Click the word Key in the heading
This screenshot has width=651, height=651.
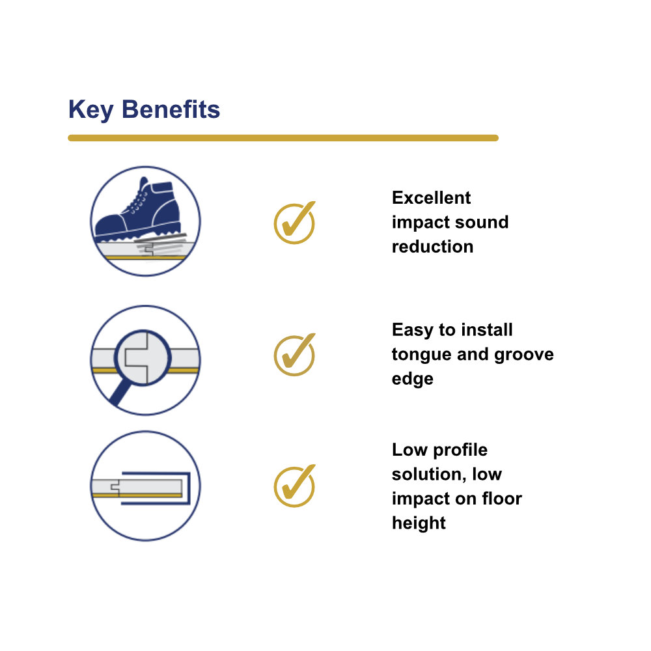click(x=91, y=110)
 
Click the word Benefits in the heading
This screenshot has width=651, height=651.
click(x=171, y=109)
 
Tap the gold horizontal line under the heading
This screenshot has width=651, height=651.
click(x=283, y=138)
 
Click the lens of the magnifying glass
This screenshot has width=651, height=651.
click(x=143, y=358)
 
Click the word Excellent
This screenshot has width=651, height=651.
click(x=432, y=198)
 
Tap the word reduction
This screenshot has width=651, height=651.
click(x=433, y=247)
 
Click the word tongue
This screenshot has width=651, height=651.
click(x=421, y=355)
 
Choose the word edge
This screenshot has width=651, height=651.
click(x=413, y=380)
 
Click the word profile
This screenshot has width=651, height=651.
click(x=460, y=450)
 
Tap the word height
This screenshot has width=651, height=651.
click(x=419, y=523)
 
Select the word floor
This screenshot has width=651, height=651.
click(x=502, y=499)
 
